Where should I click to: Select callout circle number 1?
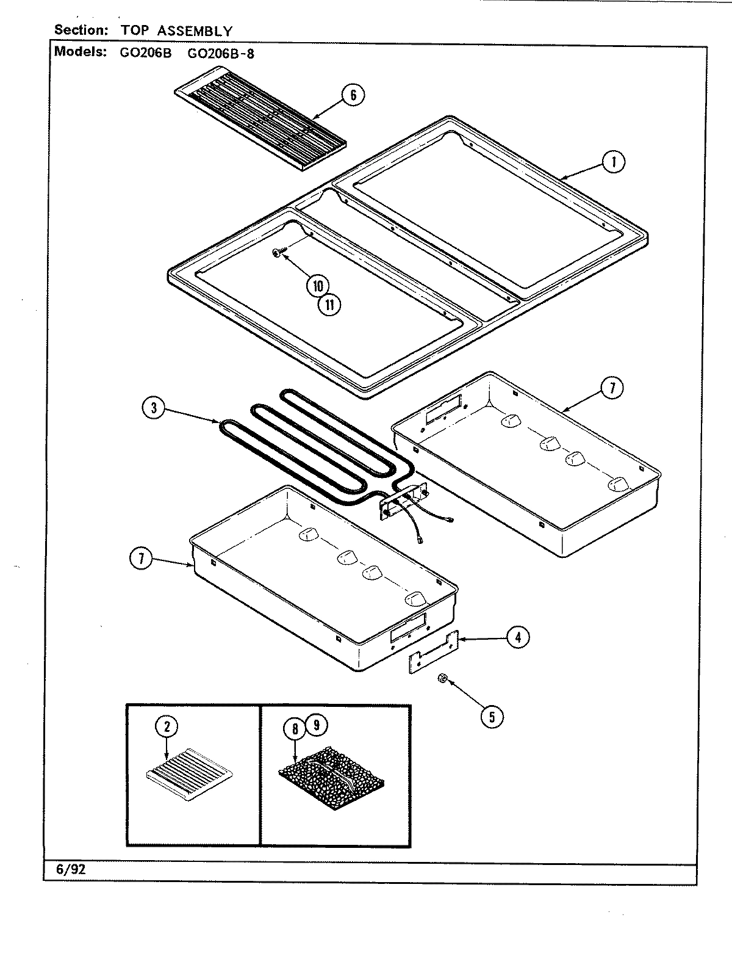(x=613, y=162)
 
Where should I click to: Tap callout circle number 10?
(x=318, y=286)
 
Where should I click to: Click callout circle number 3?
(x=154, y=408)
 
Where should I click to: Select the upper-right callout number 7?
(x=612, y=387)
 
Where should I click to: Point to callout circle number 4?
(x=517, y=637)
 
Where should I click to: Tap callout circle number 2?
(x=167, y=726)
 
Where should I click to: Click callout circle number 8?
(x=295, y=729)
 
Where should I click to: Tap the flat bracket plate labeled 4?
(x=432, y=654)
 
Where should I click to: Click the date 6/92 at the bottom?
(x=70, y=870)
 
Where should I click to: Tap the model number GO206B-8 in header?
(x=221, y=52)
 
